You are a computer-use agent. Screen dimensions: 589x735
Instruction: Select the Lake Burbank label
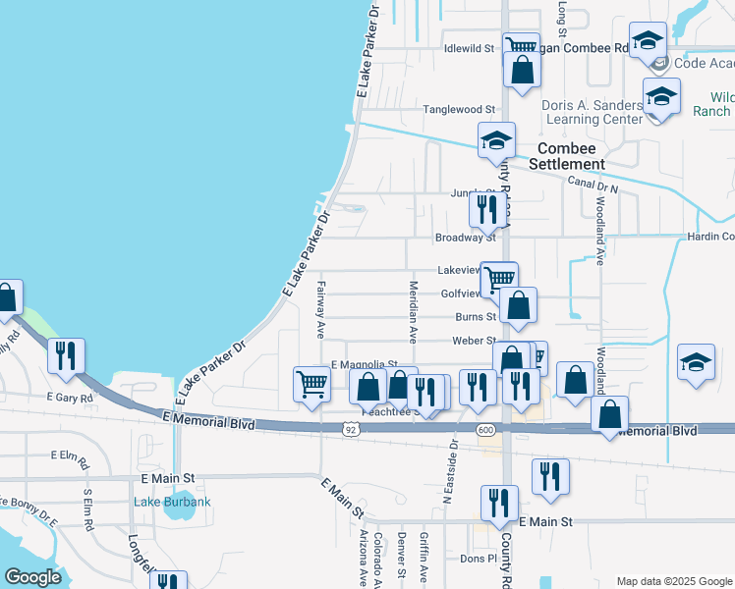pos(172,503)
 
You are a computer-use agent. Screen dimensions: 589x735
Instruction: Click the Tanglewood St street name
pos(458,110)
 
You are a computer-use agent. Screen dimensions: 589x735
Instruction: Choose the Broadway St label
pos(466,238)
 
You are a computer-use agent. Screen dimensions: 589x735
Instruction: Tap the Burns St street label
pos(475,317)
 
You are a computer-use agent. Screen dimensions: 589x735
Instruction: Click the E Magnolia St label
pos(364,364)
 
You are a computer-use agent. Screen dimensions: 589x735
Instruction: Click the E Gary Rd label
pos(70,399)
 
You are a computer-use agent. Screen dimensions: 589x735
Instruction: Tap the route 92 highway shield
pos(350,429)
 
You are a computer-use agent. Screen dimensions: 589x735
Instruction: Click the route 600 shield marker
pos(484,429)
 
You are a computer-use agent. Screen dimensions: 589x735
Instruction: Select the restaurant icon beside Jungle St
pos(486,208)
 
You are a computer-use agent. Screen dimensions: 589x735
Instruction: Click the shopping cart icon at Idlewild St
pos(519,46)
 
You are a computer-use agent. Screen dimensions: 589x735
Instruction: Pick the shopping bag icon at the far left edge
pos(7,298)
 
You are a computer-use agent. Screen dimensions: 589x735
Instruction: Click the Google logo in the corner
pos(31,577)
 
